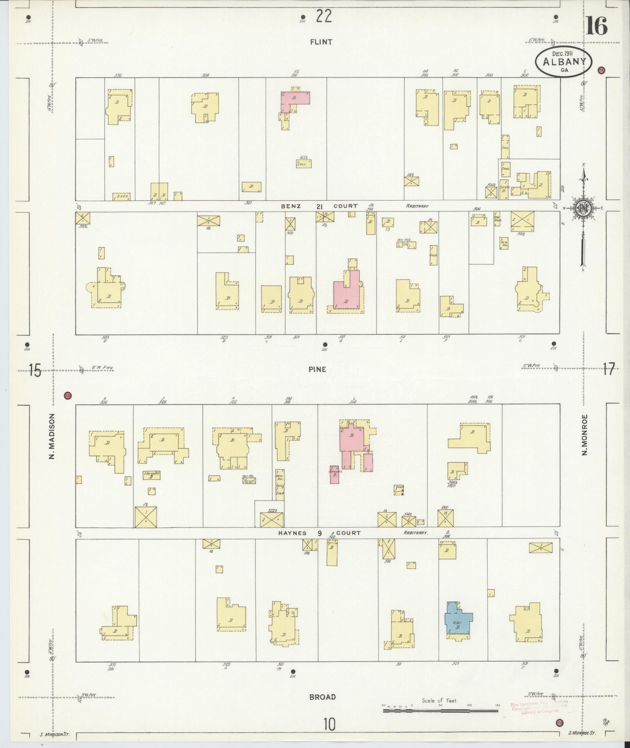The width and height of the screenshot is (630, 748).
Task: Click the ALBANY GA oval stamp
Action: [564, 61]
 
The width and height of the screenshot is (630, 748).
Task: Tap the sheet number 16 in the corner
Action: [596, 27]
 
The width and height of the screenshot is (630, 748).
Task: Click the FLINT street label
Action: [321, 42]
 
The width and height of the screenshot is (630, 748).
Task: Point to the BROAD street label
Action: [322, 697]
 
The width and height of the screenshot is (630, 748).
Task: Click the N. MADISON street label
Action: [51, 436]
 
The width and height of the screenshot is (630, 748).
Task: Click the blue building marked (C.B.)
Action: [458, 629]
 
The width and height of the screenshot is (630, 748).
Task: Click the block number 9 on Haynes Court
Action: [319, 532]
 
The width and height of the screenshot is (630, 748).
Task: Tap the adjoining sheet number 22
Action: [323, 16]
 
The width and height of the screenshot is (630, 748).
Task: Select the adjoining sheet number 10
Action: [329, 725]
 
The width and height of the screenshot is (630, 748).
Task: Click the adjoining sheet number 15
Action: [34, 370]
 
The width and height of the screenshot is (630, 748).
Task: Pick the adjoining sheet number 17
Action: [609, 369]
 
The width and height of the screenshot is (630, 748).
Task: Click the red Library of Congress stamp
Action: [539, 707]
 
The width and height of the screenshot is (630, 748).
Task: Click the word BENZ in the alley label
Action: [291, 206]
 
